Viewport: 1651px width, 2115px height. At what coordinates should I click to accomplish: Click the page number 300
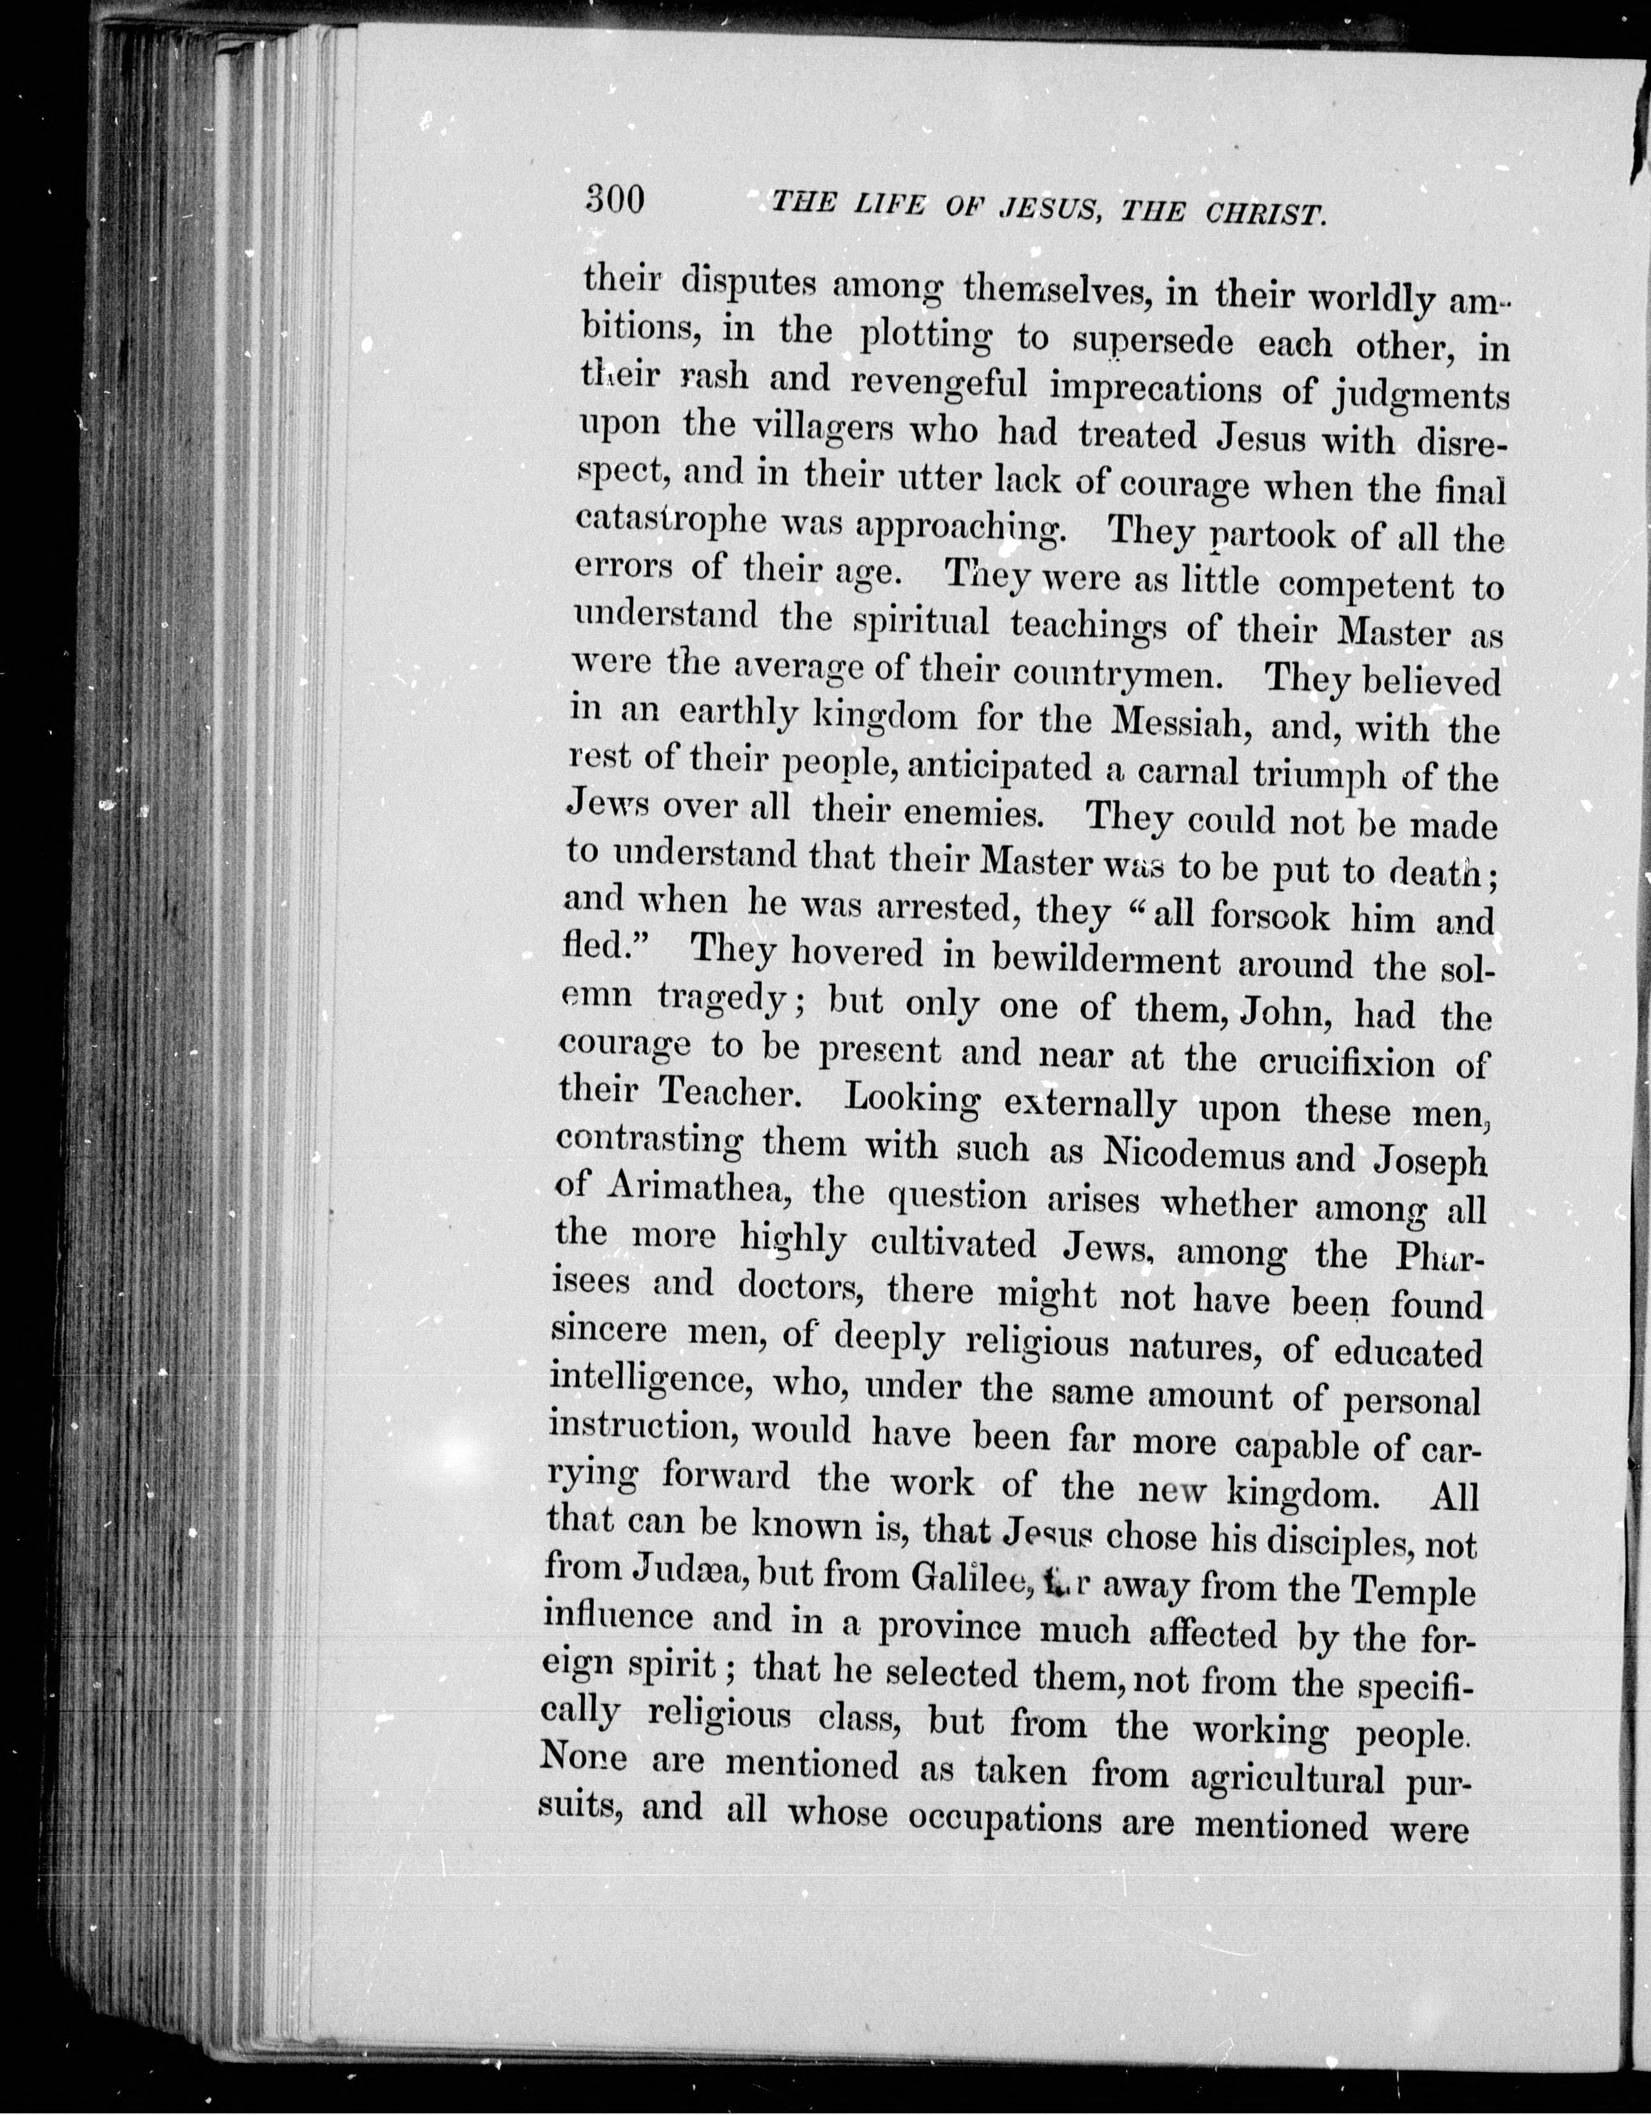click(x=614, y=201)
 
